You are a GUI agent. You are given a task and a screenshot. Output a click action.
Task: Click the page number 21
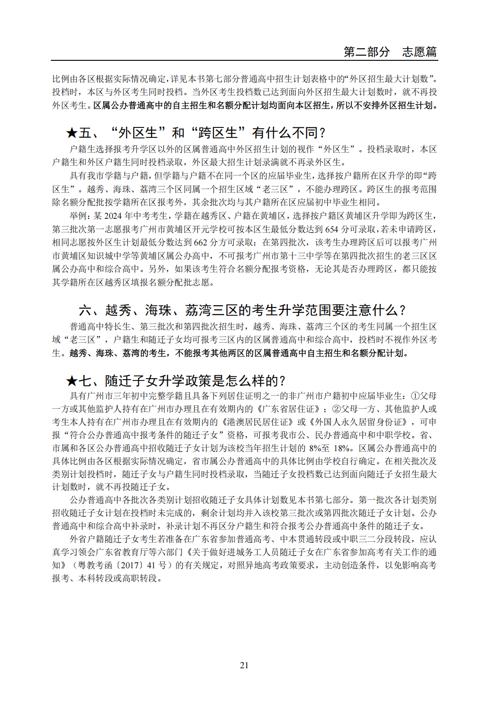244,665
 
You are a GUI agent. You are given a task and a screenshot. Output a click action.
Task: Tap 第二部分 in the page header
366,52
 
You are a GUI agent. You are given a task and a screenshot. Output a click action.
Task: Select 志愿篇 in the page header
419,52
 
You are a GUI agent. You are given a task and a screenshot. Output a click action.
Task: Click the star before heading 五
72,133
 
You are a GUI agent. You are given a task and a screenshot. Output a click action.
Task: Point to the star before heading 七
72,381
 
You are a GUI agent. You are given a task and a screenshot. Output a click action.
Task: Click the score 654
331,229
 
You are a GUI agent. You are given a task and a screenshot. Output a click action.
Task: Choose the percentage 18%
342,448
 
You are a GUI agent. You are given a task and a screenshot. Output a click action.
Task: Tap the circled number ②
336,409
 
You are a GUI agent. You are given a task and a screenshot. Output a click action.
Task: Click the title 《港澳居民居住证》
257,422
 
